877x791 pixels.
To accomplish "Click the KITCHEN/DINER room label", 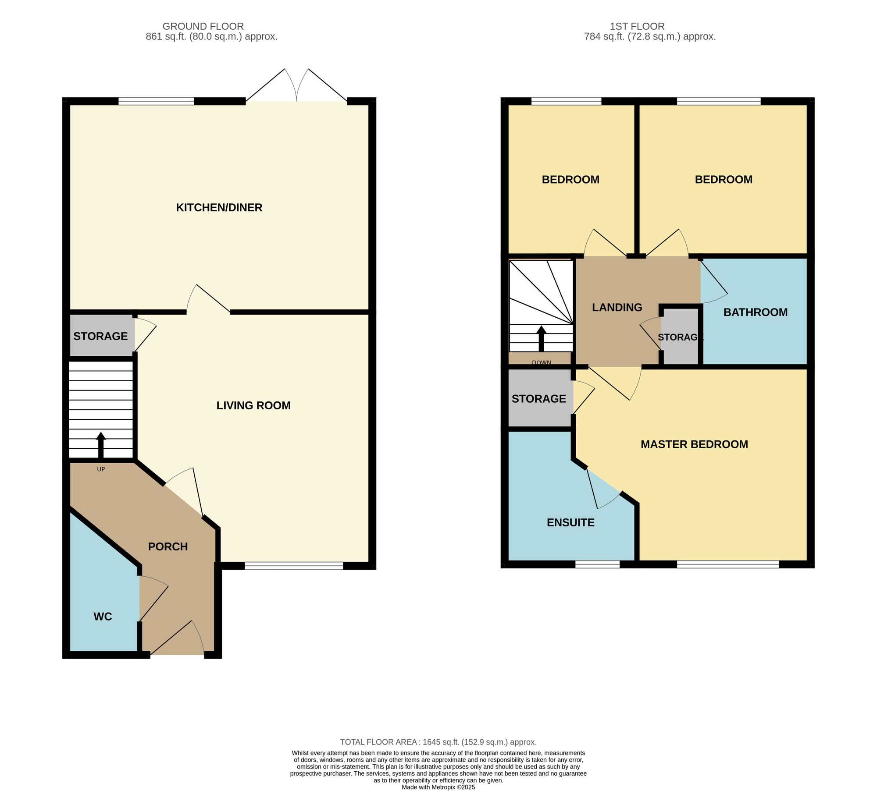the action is (219, 207).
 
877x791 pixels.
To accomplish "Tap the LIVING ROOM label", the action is (253, 405).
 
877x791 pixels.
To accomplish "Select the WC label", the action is (103, 617).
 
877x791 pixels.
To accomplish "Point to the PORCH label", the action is (168, 546).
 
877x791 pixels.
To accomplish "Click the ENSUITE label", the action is (570, 522).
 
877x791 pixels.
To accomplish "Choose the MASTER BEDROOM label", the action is (694, 444).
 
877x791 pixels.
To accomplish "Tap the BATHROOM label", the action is (756, 312).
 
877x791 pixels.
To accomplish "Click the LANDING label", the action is (617, 308).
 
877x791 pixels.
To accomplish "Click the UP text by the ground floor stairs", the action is (101, 469).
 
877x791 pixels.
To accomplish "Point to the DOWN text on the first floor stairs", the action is (542, 362).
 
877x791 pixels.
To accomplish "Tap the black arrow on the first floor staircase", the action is (542, 339).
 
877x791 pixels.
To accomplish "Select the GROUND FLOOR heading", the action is (203, 26).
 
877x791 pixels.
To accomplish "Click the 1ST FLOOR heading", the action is (637, 26).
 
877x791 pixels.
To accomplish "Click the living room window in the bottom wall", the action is (294, 566).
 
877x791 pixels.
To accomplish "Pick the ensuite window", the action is (597, 565).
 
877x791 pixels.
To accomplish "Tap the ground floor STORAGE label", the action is (100, 336).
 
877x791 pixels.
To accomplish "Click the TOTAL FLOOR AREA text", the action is (438, 742).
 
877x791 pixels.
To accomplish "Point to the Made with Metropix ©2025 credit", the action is (438, 787).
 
